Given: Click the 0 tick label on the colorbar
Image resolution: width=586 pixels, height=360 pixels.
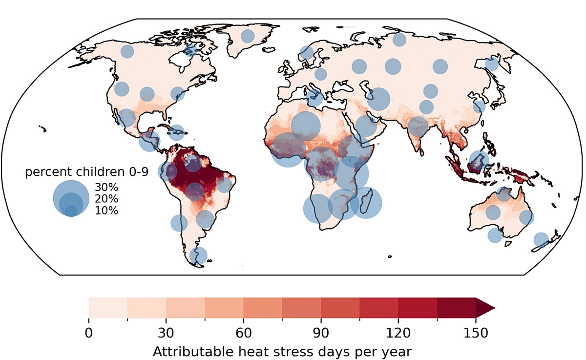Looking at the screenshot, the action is click(89, 333).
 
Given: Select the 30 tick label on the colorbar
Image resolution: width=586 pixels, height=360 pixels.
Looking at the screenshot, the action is click(166, 333).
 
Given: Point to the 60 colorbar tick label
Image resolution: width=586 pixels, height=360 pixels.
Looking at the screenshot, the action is click(244, 333).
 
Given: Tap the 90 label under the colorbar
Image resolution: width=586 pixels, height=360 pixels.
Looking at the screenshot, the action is click(321, 333).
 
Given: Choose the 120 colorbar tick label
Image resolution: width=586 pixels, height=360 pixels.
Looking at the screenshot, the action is click(398, 333).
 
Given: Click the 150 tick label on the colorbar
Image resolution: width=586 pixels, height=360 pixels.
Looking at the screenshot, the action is click(476, 333).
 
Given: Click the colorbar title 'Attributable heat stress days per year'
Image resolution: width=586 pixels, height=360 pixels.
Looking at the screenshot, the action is click(282, 352).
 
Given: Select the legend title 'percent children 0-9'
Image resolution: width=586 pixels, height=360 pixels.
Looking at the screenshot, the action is click(87, 172).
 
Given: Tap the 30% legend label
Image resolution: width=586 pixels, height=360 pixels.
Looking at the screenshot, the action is click(106, 187).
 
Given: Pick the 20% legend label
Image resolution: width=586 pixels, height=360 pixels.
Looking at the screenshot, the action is click(106, 199).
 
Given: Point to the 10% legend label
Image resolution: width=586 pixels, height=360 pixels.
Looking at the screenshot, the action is click(106, 211).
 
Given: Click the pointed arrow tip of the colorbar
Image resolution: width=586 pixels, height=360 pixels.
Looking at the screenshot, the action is click(495, 308).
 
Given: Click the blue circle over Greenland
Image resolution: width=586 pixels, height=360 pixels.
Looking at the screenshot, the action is click(248, 36).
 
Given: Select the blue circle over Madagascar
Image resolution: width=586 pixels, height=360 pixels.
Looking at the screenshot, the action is click(366, 203).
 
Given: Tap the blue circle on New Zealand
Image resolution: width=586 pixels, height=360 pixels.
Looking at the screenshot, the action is click(541, 239).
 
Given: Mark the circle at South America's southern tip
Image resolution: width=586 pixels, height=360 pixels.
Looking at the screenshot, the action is click(198, 255).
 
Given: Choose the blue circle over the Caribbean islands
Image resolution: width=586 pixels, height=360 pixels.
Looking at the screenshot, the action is click(177, 133).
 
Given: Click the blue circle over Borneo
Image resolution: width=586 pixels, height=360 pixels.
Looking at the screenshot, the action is click(479, 160).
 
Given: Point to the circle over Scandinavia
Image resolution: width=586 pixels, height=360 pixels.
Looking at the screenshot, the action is click(307, 53).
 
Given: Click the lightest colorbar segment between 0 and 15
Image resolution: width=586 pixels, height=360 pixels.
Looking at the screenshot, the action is click(108, 308).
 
